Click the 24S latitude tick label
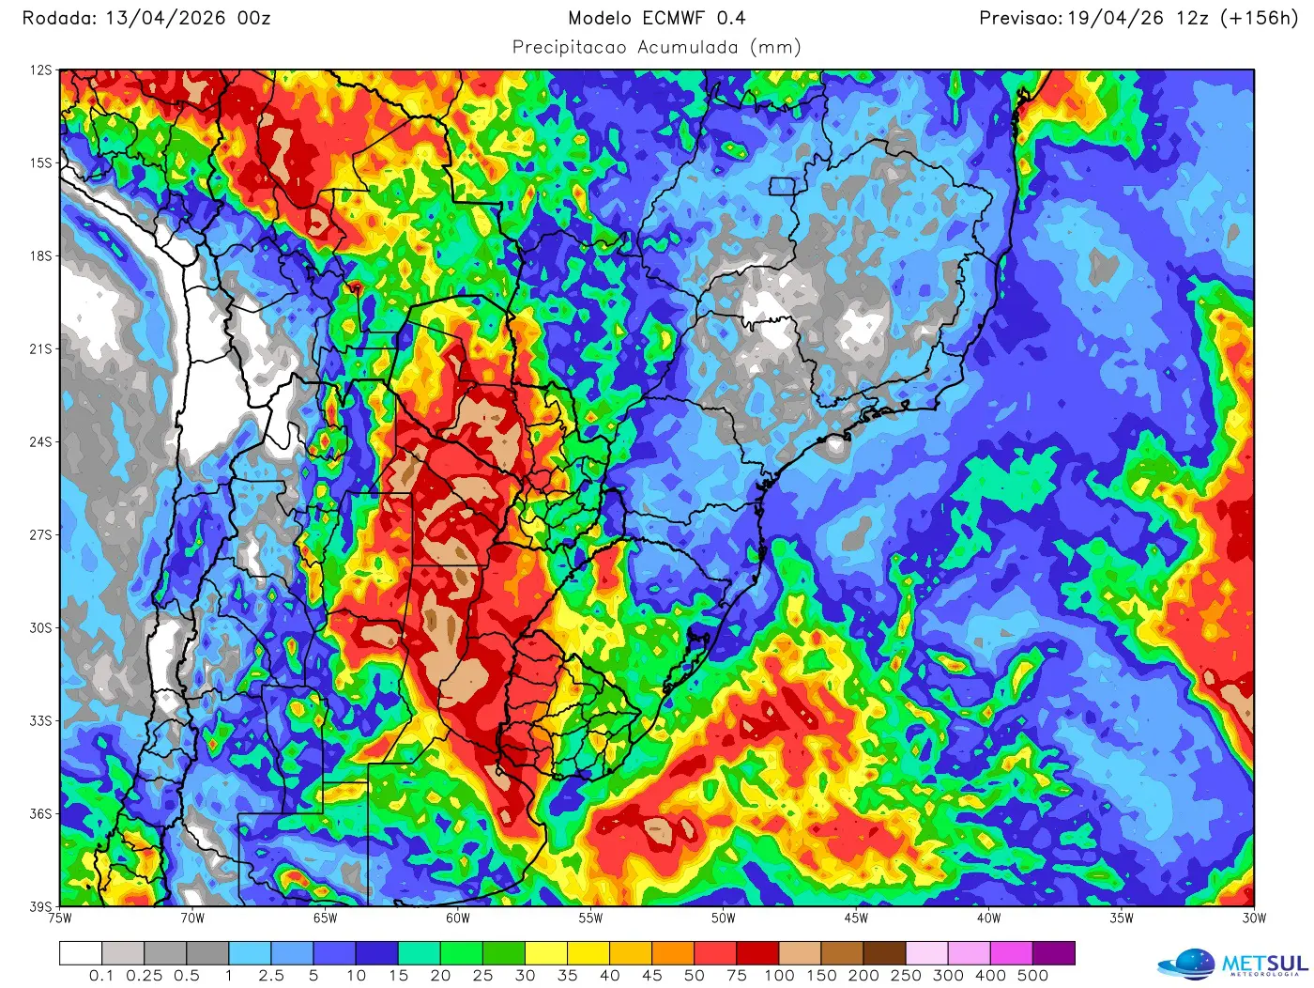(x=40, y=442)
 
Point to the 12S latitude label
(x=40, y=70)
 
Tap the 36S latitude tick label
(x=40, y=814)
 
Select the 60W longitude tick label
(x=458, y=919)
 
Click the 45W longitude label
(x=856, y=919)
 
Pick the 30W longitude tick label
(x=1254, y=919)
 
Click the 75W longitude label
(x=60, y=919)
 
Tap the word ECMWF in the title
(x=674, y=18)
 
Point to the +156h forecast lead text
(x=1259, y=18)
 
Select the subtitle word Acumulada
(x=688, y=47)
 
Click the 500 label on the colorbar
(x=1032, y=976)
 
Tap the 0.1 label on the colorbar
(x=101, y=976)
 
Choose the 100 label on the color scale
(x=779, y=976)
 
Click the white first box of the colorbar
(x=81, y=954)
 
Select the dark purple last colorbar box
(x=1054, y=954)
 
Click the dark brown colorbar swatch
(x=884, y=954)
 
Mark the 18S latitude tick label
(x=40, y=256)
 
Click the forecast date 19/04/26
(x=1111, y=18)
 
